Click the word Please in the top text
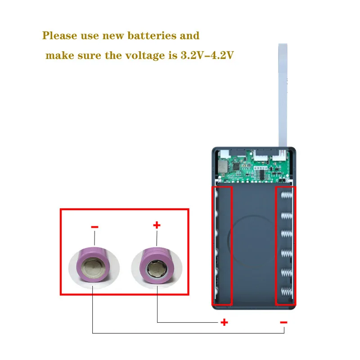click(x=60, y=36)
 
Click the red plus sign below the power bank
click(x=224, y=322)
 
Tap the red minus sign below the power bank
click(x=283, y=322)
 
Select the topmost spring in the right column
click(x=287, y=196)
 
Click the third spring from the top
click(x=287, y=234)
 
